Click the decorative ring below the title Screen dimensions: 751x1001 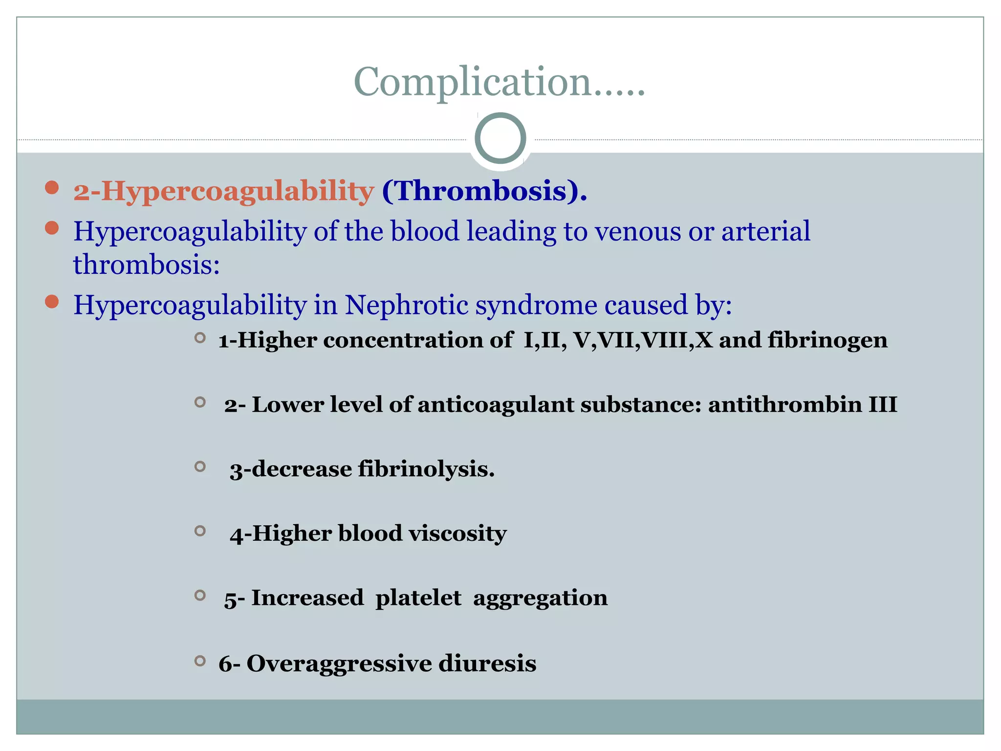(500, 138)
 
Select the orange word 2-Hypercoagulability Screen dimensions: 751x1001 (223, 191)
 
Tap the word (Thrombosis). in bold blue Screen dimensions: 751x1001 (484, 191)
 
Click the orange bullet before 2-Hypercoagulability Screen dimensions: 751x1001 (52, 188)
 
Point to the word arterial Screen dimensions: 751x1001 (765, 231)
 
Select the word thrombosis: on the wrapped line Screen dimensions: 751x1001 (146, 265)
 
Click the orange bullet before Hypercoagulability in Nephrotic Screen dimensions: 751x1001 (52, 302)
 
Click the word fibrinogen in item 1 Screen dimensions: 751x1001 (827, 340)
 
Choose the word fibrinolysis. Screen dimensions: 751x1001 (426, 469)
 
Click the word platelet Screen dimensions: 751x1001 (418, 597)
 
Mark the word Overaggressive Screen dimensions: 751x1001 (339, 663)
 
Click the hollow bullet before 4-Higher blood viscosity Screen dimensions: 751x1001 (200, 530)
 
